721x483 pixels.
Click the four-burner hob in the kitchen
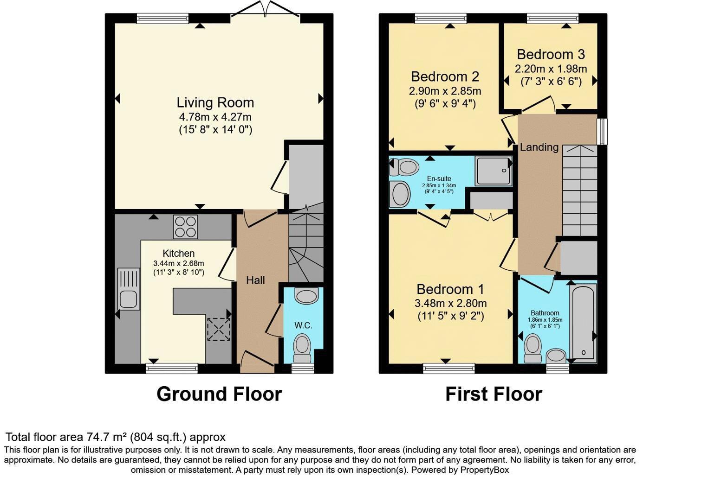(x=185, y=227)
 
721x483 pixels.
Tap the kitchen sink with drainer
(x=129, y=289)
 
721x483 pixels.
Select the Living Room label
(x=215, y=103)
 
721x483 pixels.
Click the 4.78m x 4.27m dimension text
(x=215, y=117)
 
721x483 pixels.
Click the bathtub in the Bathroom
(x=583, y=323)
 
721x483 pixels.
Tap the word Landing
(x=539, y=147)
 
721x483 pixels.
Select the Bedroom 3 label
(x=551, y=55)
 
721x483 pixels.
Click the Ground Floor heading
(x=219, y=394)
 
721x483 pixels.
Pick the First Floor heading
(x=494, y=394)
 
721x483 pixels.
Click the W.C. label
(x=303, y=325)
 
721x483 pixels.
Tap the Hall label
(x=255, y=280)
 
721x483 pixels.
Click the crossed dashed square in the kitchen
(x=219, y=329)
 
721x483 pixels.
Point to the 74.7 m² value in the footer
(x=106, y=437)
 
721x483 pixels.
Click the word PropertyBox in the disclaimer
(x=485, y=470)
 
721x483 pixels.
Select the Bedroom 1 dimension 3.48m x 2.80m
(x=450, y=303)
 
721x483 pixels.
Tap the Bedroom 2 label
(x=445, y=77)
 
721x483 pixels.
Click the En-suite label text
(x=439, y=178)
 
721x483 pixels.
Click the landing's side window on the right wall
(x=602, y=132)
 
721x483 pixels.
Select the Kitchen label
(x=179, y=253)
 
